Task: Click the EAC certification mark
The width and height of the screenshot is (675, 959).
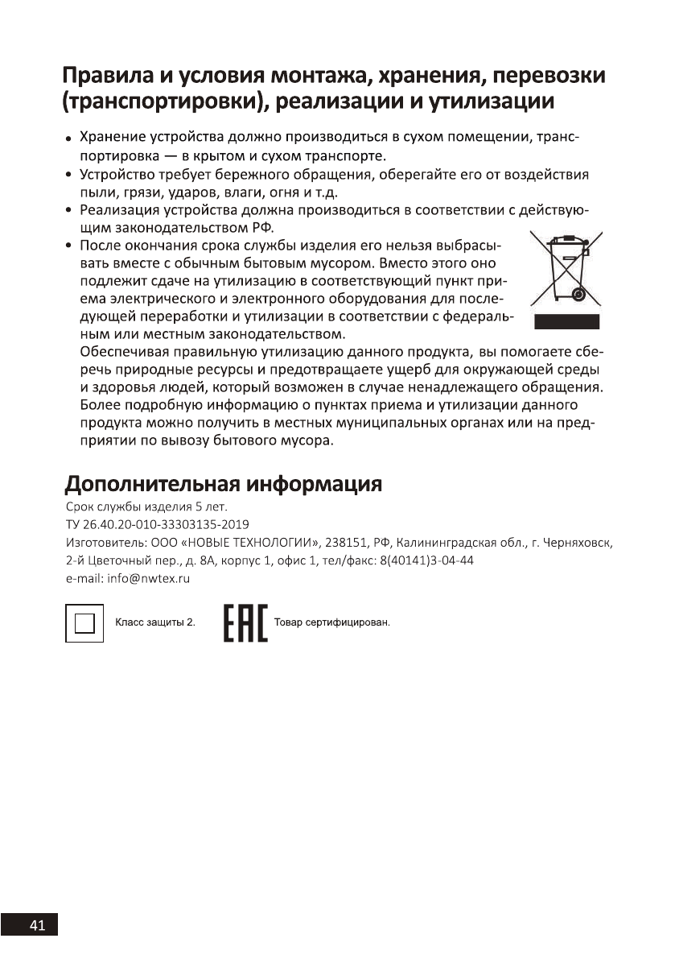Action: (x=245, y=624)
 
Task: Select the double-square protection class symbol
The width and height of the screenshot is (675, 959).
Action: (x=84, y=623)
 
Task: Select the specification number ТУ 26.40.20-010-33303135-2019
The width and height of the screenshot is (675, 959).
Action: (x=146, y=524)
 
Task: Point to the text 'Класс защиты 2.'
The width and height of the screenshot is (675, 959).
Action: (x=155, y=623)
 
